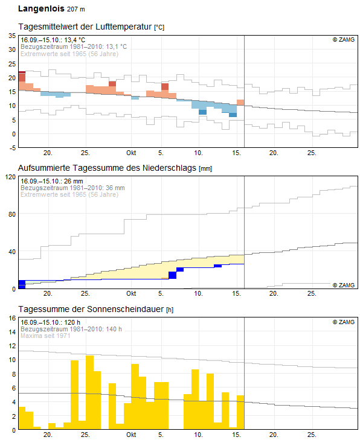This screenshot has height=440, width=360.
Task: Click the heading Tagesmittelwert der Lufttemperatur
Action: (86, 28)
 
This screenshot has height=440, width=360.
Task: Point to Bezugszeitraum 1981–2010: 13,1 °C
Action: (74, 46)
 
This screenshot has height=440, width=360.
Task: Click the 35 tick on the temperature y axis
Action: (11, 36)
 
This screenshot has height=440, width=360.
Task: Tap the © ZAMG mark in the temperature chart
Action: (343, 40)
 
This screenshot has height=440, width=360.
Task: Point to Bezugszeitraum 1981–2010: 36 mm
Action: (72, 188)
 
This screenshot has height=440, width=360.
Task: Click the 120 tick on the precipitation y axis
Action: (10, 177)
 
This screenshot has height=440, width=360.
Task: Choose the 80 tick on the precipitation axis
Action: (11, 214)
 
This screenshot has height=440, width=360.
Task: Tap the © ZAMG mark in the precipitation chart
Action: (343, 284)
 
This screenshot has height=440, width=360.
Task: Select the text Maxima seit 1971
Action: (46, 336)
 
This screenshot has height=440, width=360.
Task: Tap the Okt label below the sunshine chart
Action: (131, 435)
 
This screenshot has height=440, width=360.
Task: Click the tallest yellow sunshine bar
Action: (89, 392)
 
